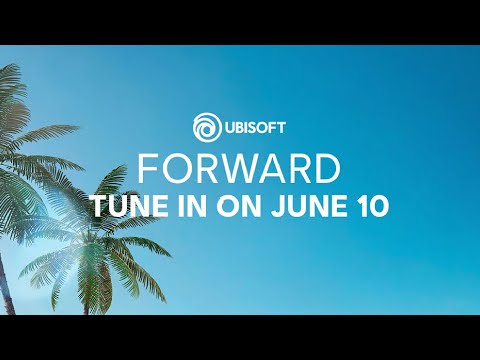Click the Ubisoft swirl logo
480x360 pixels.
tap(206, 129)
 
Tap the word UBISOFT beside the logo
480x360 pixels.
tap(255, 129)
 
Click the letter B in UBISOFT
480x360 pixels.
tap(238, 129)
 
